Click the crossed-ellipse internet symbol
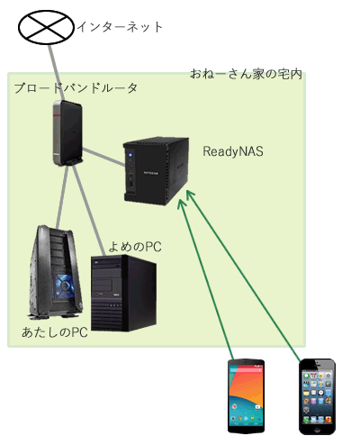46,27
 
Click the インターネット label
120,27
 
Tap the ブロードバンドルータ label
76,88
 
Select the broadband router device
67,132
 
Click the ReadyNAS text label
233,151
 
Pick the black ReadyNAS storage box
156,171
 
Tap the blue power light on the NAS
130,156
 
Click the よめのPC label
135,247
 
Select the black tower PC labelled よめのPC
123,293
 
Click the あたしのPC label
55,332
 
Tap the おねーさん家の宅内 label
246,74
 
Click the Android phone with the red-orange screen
246,396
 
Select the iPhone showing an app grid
318,396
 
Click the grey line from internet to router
57,73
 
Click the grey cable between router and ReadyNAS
103,157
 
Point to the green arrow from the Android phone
205,279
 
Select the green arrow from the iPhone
244,276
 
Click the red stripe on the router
57,115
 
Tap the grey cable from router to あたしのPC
62,196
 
